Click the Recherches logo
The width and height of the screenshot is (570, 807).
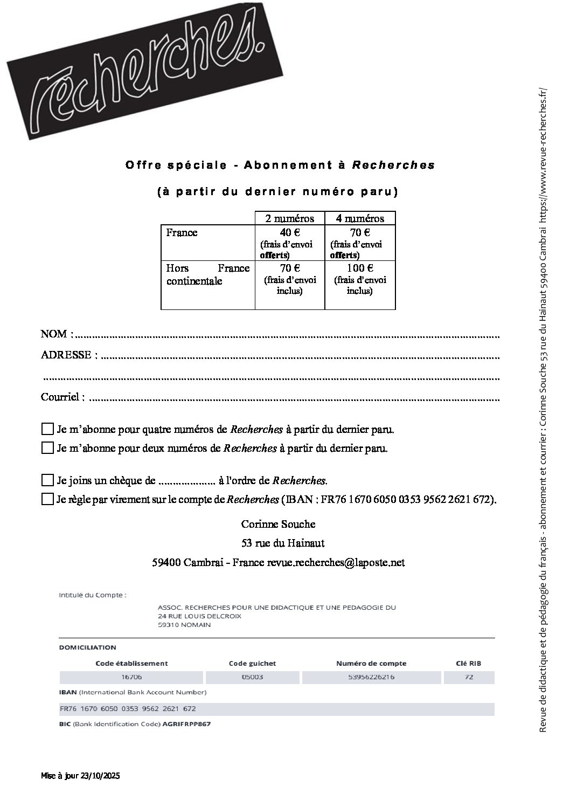click(x=140, y=75)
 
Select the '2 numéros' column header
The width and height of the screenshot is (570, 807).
click(x=289, y=218)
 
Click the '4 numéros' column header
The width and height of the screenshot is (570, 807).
click(x=360, y=218)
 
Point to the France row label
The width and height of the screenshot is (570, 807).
click(x=182, y=233)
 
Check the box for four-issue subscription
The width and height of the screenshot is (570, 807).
click(x=47, y=430)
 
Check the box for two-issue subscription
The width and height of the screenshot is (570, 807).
click(x=47, y=448)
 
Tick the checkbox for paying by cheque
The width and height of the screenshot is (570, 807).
click(x=47, y=480)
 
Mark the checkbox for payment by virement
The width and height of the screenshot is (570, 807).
click(x=47, y=499)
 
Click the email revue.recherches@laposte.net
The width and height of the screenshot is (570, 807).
click(x=336, y=563)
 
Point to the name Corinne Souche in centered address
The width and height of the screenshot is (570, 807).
click(x=278, y=524)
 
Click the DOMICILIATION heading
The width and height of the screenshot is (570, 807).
click(x=87, y=647)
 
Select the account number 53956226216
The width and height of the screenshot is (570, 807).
click(x=372, y=677)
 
